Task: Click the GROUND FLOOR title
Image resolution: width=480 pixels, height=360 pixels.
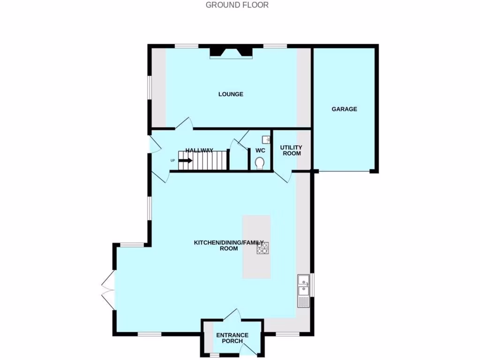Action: [237, 5]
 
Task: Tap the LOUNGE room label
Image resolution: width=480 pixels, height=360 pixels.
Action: [231, 94]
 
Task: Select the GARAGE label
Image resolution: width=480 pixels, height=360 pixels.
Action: [344, 109]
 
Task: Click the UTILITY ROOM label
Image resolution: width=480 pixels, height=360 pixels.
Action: [291, 150]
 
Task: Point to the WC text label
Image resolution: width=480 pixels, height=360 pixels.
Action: [261, 150]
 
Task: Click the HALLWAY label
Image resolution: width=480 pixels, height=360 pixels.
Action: [199, 150]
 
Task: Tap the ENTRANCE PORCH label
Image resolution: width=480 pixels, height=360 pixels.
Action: [232, 338]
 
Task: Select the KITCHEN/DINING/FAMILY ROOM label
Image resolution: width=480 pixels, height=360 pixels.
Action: [232, 245]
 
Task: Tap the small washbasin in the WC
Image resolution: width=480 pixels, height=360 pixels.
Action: [266, 139]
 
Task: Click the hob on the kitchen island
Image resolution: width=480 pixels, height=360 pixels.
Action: [262, 248]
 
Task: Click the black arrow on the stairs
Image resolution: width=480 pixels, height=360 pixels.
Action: [185, 160]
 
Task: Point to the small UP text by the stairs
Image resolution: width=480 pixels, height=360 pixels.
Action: [172, 161]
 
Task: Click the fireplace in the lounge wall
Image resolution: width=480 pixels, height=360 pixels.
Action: [231, 52]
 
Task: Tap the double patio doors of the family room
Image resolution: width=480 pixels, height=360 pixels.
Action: [107, 291]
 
